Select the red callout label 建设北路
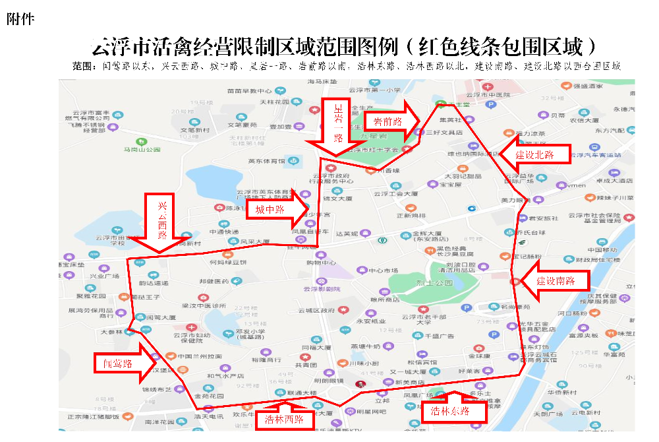pyautogui.click(x=534, y=155)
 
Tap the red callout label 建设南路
pyautogui.click(x=555, y=281)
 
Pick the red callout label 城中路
pyautogui.click(x=270, y=210)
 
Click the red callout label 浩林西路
pyautogui.click(x=285, y=419)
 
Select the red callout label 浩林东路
pyautogui.click(x=450, y=411)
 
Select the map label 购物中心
pyautogui.click(x=321, y=263)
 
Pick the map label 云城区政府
pyautogui.click(x=316, y=310)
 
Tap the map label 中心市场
pyautogui.click(x=384, y=270)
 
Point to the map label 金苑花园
pyautogui.click(x=210, y=396)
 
